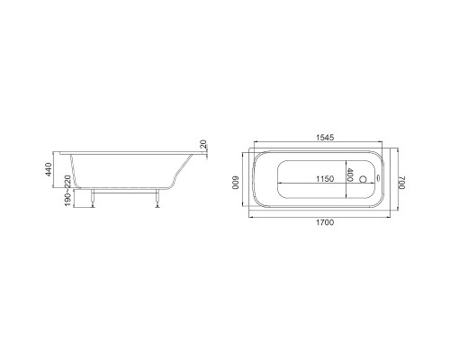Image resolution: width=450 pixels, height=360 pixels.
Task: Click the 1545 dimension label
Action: [325, 138]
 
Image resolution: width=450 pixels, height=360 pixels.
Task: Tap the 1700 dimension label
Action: [325, 222]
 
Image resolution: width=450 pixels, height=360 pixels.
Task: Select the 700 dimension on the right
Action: [401, 183]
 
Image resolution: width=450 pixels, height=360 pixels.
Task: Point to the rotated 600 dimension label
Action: [236, 183]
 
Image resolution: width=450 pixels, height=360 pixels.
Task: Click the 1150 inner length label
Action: [325, 179]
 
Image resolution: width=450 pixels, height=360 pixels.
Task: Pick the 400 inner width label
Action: [350, 175]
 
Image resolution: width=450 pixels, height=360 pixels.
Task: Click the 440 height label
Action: [49, 169]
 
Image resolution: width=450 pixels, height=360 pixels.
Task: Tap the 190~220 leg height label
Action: [68, 191]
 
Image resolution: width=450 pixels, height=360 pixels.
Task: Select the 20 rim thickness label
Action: [203, 144]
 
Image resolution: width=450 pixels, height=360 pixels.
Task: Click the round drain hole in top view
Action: [363, 179]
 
